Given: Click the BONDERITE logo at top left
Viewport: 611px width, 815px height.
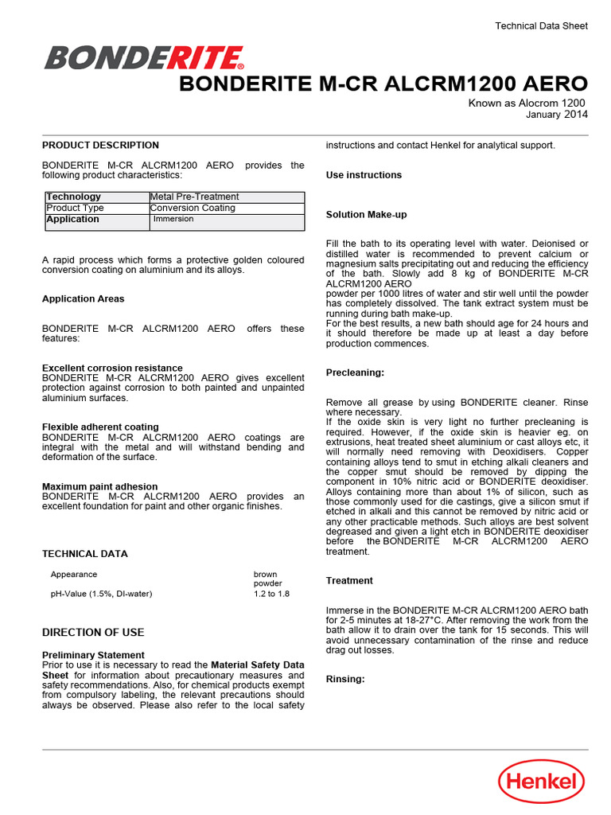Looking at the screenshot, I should pos(144,58).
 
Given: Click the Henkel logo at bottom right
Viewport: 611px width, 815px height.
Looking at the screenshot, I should pos(541,780).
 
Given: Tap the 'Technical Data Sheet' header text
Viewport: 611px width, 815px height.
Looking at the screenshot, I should pos(541,26).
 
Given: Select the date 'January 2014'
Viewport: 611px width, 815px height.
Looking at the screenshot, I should pos(557,115).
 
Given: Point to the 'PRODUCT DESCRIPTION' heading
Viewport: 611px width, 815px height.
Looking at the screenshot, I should pos(100,146).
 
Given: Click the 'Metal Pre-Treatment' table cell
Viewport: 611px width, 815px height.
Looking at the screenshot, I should pos(194,197).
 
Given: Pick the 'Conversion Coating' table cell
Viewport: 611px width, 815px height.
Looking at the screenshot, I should pos(193,208).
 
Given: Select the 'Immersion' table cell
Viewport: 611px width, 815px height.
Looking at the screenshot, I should pos(173,219).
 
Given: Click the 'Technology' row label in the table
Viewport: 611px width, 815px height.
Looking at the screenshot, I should pos(73,197).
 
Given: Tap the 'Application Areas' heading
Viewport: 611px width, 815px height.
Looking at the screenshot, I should pos(83,299).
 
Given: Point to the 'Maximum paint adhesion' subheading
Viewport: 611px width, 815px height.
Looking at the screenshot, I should pos(99,486).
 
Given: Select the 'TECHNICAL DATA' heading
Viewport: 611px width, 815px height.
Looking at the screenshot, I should pos(84,554).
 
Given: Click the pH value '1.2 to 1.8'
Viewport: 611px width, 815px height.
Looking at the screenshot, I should pos(272,594).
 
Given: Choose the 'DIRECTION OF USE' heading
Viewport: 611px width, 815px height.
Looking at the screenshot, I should pos(93,633).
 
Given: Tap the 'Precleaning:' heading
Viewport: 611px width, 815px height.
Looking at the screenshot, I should pos(355,372).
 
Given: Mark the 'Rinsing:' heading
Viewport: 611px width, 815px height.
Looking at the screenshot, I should pos(345,679).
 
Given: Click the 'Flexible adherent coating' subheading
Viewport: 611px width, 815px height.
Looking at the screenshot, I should pos(100,427).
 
